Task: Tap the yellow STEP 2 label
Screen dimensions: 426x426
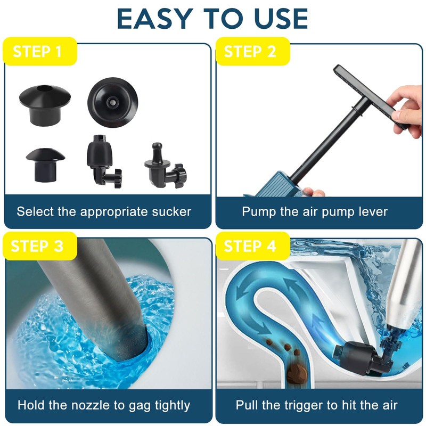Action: pos(250,52)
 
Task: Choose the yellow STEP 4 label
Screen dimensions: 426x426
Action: pos(250,246)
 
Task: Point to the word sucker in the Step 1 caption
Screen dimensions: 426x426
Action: pos(171,211)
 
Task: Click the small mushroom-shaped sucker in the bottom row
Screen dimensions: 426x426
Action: pos(45,162)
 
